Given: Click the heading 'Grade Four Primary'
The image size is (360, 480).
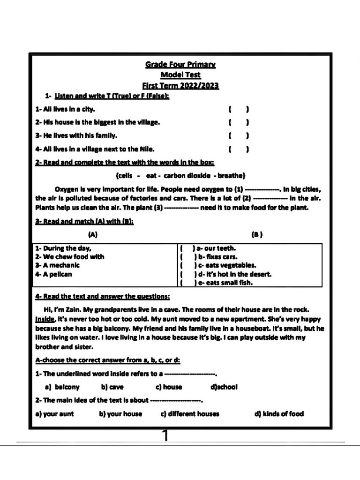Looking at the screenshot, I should pyautogui.click(x=180, y=65).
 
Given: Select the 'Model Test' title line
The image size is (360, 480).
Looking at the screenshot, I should pyautogui.click(x=180, y=75).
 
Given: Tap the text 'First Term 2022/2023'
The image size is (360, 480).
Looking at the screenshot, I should pyautogui.click(x=180, y=86).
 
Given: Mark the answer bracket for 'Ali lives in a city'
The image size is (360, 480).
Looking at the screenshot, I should pyautogui.click(x=238, y=109).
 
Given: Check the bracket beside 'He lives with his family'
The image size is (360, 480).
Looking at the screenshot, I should pyautogui.click(x=238, y=136).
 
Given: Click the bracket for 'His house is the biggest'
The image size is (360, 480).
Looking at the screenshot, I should pyautogui.click(x=238, y=122).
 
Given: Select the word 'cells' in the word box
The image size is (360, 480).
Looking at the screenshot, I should pyautogui.click(x=124, y=176).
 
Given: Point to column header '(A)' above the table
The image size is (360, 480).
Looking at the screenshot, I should pyautogui.click(x=93, y=235).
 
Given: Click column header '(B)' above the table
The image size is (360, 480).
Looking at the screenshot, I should pyautogui.click(x=257, y=235).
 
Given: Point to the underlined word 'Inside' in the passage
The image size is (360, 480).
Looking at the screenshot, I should pyautogui.click(x=45, y=318).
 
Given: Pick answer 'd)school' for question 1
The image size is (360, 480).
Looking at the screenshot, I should pyautogui.click(x=224, y=387).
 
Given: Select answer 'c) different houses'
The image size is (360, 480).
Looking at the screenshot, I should pyautogui.click(x=190, y=414).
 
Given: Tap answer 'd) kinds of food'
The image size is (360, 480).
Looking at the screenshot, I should pyautogui.click(x=279, y=414).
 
